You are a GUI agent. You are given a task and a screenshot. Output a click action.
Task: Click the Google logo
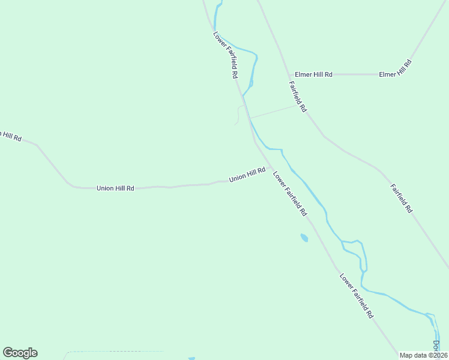20,353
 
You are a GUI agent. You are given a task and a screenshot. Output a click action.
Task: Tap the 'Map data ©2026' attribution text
424,355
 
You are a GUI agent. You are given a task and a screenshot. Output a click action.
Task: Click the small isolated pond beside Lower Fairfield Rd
304,238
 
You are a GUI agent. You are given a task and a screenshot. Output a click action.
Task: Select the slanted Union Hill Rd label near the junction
247,175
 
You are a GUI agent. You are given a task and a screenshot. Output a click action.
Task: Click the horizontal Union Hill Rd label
115,188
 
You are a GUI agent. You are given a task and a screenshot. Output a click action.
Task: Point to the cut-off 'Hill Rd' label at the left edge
10,136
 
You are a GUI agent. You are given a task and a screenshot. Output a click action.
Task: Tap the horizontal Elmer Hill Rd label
313,74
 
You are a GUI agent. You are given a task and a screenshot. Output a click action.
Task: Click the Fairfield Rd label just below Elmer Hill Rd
298,97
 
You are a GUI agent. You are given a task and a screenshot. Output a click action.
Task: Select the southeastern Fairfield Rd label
402,199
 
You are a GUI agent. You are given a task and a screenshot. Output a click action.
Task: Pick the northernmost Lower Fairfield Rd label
226,55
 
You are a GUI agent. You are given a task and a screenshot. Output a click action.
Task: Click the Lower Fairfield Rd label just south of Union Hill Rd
290,194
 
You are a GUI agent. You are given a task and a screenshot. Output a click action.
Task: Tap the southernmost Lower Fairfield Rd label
357,296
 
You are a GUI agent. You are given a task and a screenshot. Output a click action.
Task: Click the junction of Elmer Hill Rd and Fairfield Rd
287,74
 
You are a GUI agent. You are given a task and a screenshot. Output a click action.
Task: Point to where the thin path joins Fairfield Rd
298,106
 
